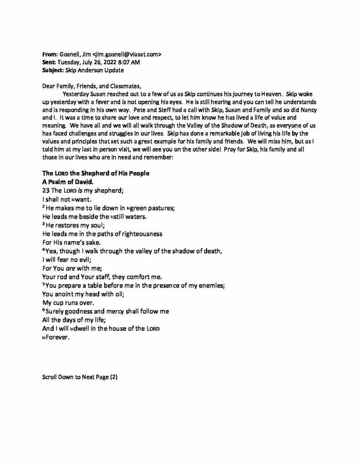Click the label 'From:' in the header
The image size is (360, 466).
pos(49,54)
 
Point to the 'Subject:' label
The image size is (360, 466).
pos(52,70)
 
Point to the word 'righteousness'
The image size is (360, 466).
pos(142,233)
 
